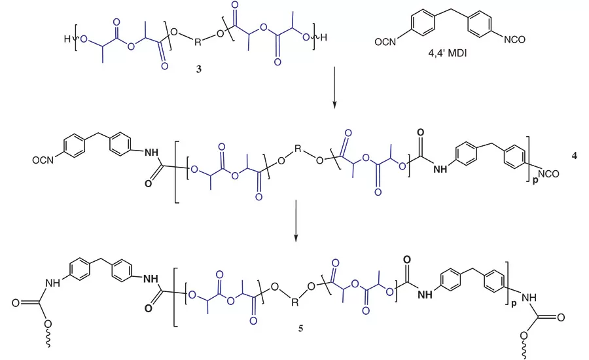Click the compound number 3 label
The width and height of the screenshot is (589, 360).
pos(199,69)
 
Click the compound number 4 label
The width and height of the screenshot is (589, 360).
pos(574,156)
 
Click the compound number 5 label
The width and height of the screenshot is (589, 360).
pos(301,328)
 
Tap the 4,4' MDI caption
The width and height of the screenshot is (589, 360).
pos(448,53)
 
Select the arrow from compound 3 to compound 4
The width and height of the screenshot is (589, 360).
pos(334,88)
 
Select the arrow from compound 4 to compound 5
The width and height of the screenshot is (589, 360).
pos(296,220)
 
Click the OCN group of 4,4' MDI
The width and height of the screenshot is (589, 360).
pos(385,42)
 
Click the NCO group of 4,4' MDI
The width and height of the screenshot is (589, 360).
pos(514,39)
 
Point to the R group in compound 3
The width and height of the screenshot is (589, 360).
pos(198,42)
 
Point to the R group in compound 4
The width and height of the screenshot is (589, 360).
pos(298,149)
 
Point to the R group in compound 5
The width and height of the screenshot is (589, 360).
pos(295,302)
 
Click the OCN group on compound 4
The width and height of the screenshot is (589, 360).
pos(43,160)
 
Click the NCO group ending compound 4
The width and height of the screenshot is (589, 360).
pos(548,173)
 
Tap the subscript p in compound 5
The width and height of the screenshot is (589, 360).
pos(514,304)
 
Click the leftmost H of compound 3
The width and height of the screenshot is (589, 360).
pos(67,39)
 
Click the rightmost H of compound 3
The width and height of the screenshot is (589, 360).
pos(323,37)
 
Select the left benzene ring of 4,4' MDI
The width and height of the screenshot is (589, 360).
pos(423,24)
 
